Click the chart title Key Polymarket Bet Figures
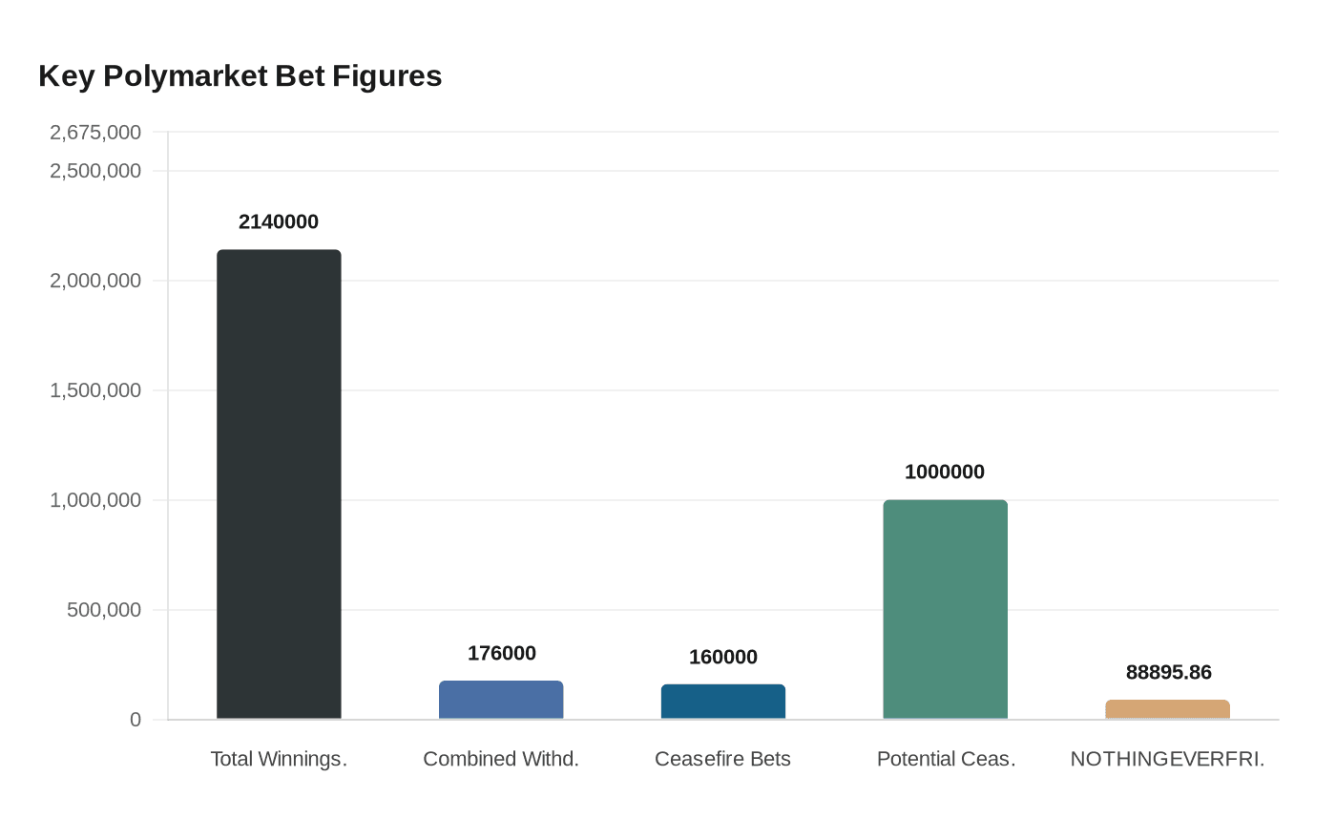click(240, 76)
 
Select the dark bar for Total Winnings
click(279, 484)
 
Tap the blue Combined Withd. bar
click(501, 700)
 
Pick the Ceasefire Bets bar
click(723, 702)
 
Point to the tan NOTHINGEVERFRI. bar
click(1167, 709)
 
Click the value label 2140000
click(279, 221)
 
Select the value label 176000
click(501, 653)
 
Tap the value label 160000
click(723, 657)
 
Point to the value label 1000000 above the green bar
click(945, 472)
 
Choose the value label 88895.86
click(1168, 672)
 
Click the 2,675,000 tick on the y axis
click(95, 133)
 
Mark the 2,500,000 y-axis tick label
click(95, 171)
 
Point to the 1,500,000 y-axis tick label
click(95, 390)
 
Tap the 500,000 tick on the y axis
click(104, 610)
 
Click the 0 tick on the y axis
click(136, 720)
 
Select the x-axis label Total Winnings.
click(279, 759)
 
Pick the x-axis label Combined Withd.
click(501, 759)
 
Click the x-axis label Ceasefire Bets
click(722, 759)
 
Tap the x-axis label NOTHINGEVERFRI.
click(1167, 759)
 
